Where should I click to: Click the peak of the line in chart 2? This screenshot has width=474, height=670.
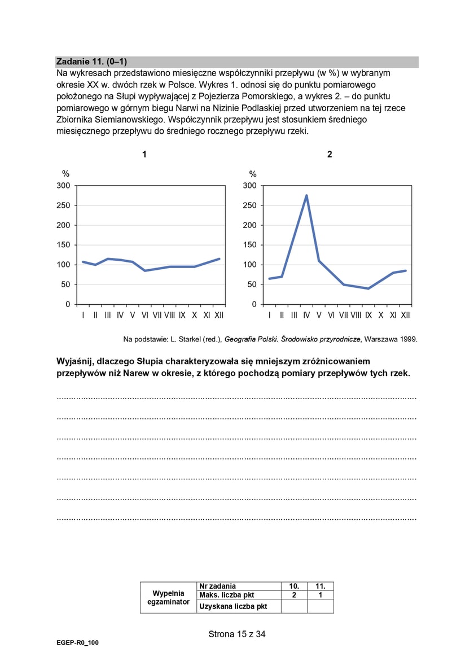(306, 195)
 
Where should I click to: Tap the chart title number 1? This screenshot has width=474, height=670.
(144, 154)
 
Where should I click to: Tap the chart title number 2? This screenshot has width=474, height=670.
(330, 154)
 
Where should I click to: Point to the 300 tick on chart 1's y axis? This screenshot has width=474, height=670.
(64, 186)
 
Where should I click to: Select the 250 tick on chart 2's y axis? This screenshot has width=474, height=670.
(250, 205)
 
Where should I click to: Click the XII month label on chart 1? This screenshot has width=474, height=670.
(219, 315)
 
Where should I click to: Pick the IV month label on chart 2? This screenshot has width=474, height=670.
(306, 315)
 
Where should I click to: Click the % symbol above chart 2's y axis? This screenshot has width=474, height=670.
(252, 174)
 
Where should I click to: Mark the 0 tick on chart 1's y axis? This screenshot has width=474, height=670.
(68, 304)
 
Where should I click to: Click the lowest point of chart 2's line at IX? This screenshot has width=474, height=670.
(368, 288)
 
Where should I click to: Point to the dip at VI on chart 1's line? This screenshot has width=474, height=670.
(145, 270)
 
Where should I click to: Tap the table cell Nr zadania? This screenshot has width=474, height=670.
(218, 586)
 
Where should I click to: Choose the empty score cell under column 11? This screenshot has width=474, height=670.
(320, 606)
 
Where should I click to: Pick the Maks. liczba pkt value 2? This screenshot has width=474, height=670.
(293, 595)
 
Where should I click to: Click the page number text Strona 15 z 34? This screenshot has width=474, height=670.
(236, 634)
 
